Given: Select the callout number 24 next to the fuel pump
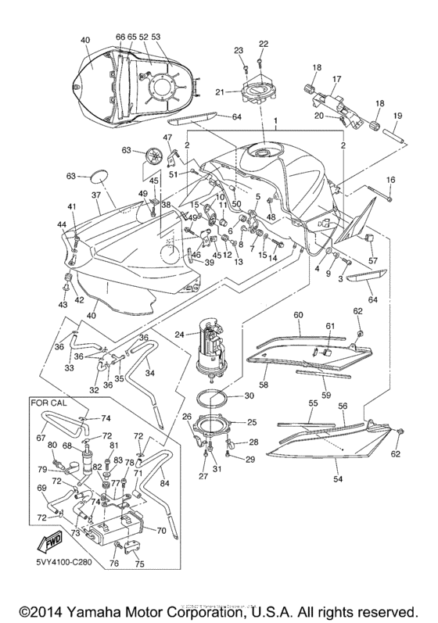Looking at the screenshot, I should pos(179,334).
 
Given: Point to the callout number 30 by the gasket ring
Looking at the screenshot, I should pos(250,396).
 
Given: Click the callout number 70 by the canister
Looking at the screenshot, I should pos(160,529).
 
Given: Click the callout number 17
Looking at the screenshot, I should pos(336,79).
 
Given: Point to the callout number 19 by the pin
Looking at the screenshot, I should pos(397,116).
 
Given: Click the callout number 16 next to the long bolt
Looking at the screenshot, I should pos(391,181).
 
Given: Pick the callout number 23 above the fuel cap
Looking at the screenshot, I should pos(237,50).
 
